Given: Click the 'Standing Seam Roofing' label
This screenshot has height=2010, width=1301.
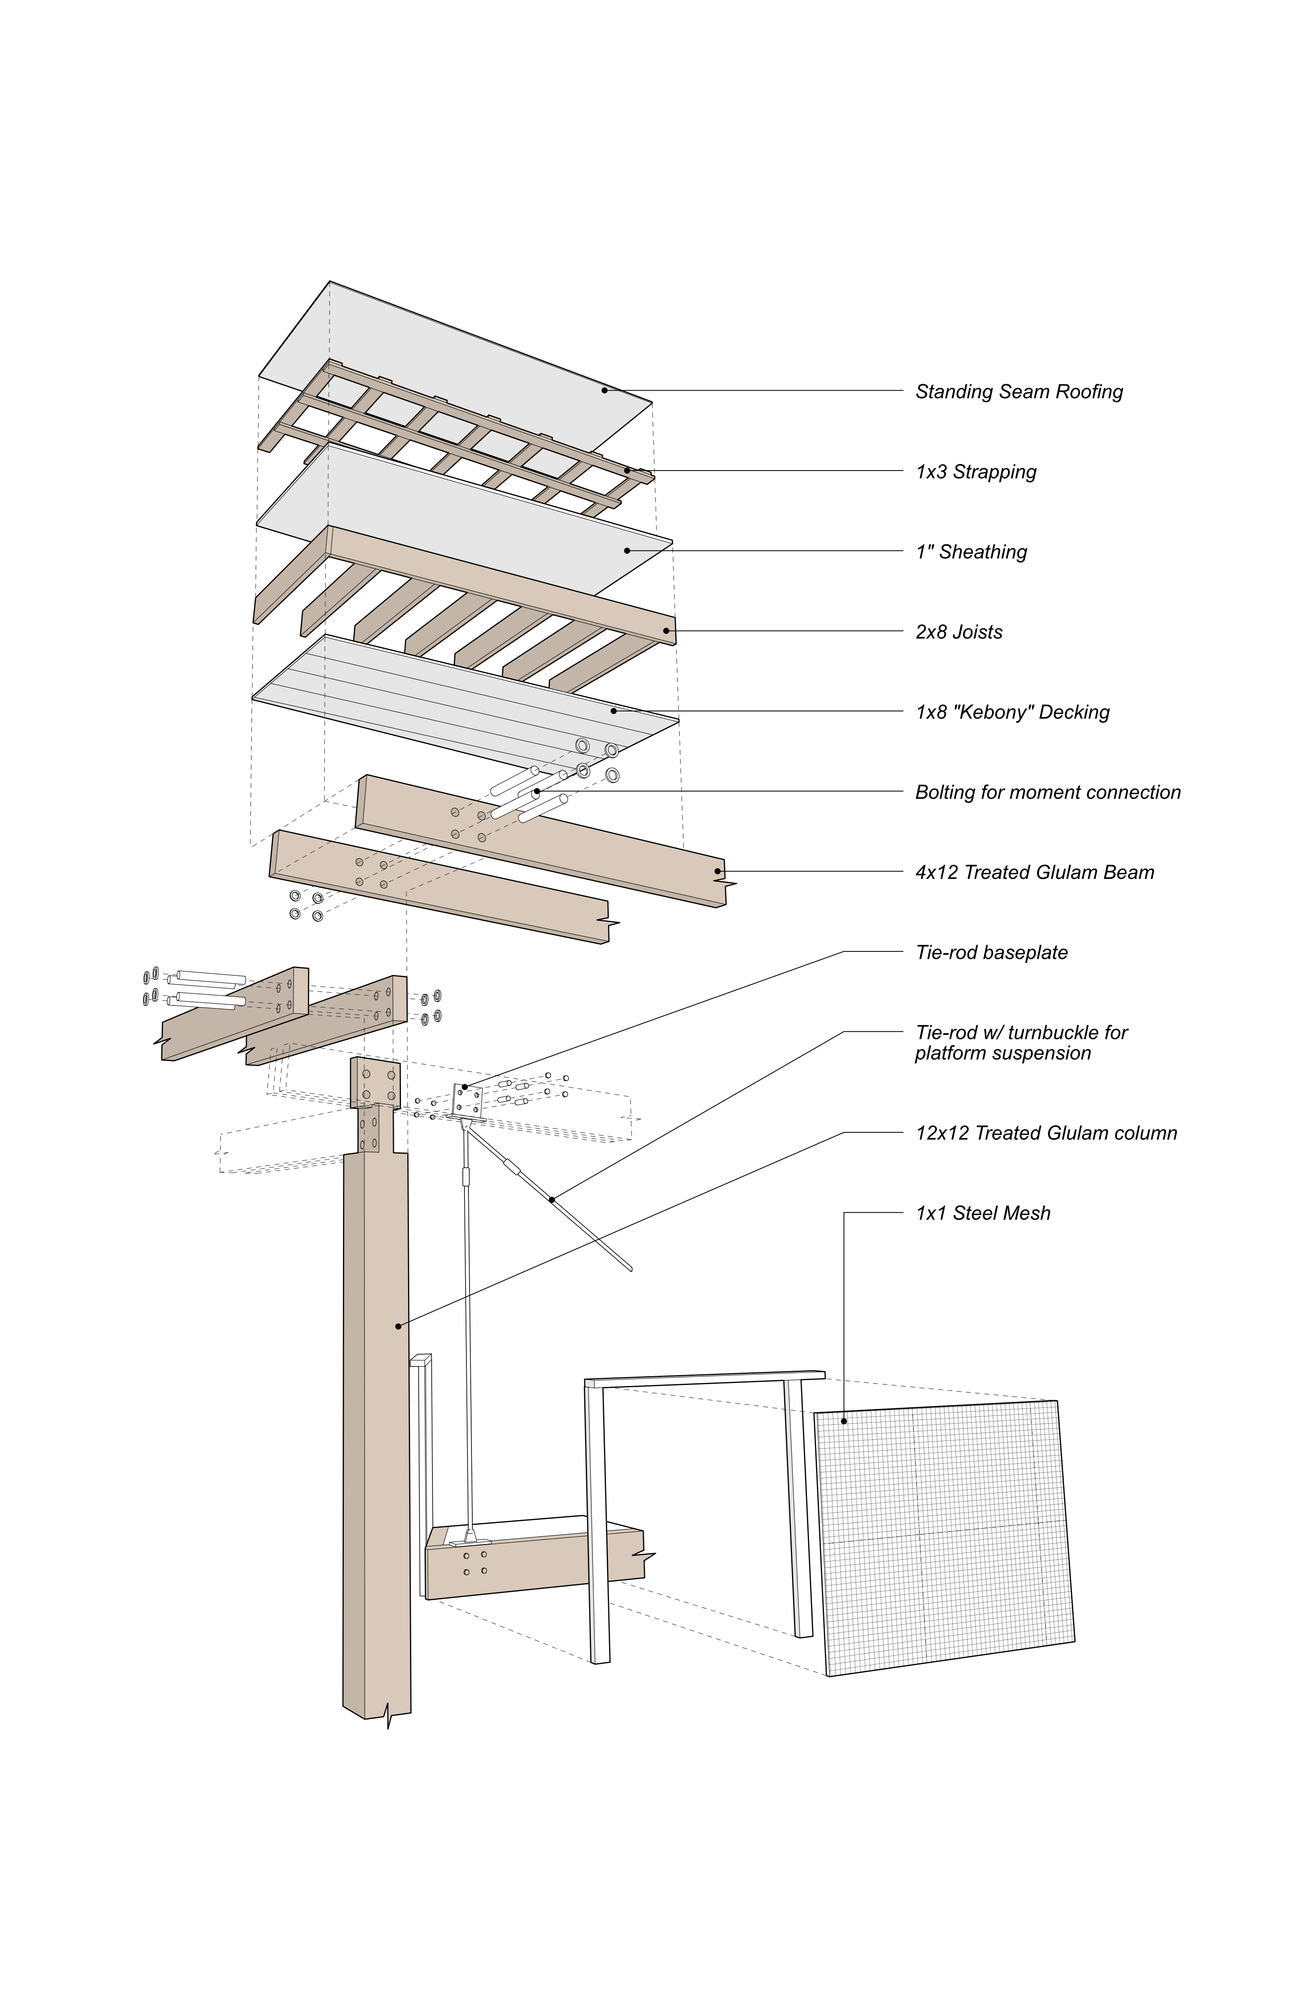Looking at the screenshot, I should [1019, 392].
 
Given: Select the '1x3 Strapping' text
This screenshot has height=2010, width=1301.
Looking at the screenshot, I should [976, 472].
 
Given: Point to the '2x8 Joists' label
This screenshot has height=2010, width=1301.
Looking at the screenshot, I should [959, 633].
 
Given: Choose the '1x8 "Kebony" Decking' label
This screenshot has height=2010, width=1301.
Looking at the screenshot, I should [1012, 713].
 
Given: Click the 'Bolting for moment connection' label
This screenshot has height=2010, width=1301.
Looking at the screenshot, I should [1048, 793].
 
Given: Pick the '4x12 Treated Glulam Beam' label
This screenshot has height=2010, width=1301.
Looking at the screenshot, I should [1034, 873].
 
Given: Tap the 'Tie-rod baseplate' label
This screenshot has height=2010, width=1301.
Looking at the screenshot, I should [991, 953].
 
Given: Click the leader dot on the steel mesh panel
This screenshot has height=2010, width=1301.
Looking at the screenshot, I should [843, 1421].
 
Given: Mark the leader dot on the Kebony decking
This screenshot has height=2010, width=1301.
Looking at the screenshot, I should [614, 711].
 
